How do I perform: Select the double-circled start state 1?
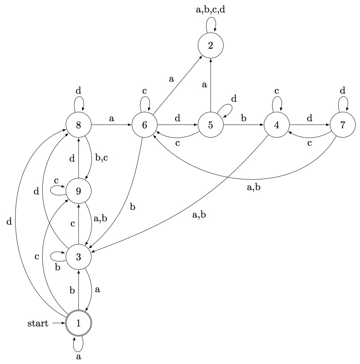click(79, 323)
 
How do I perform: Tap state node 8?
click(79, 125)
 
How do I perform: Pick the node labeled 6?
click(145, 125)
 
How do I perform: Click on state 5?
click(211, 125)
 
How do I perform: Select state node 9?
click(79, 191)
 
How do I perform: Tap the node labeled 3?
click(79, 257)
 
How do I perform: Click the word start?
click(38, 324)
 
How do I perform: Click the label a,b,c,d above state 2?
click(211, 10)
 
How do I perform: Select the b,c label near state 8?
click(101, 157)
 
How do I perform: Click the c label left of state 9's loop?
click(56, 180)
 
